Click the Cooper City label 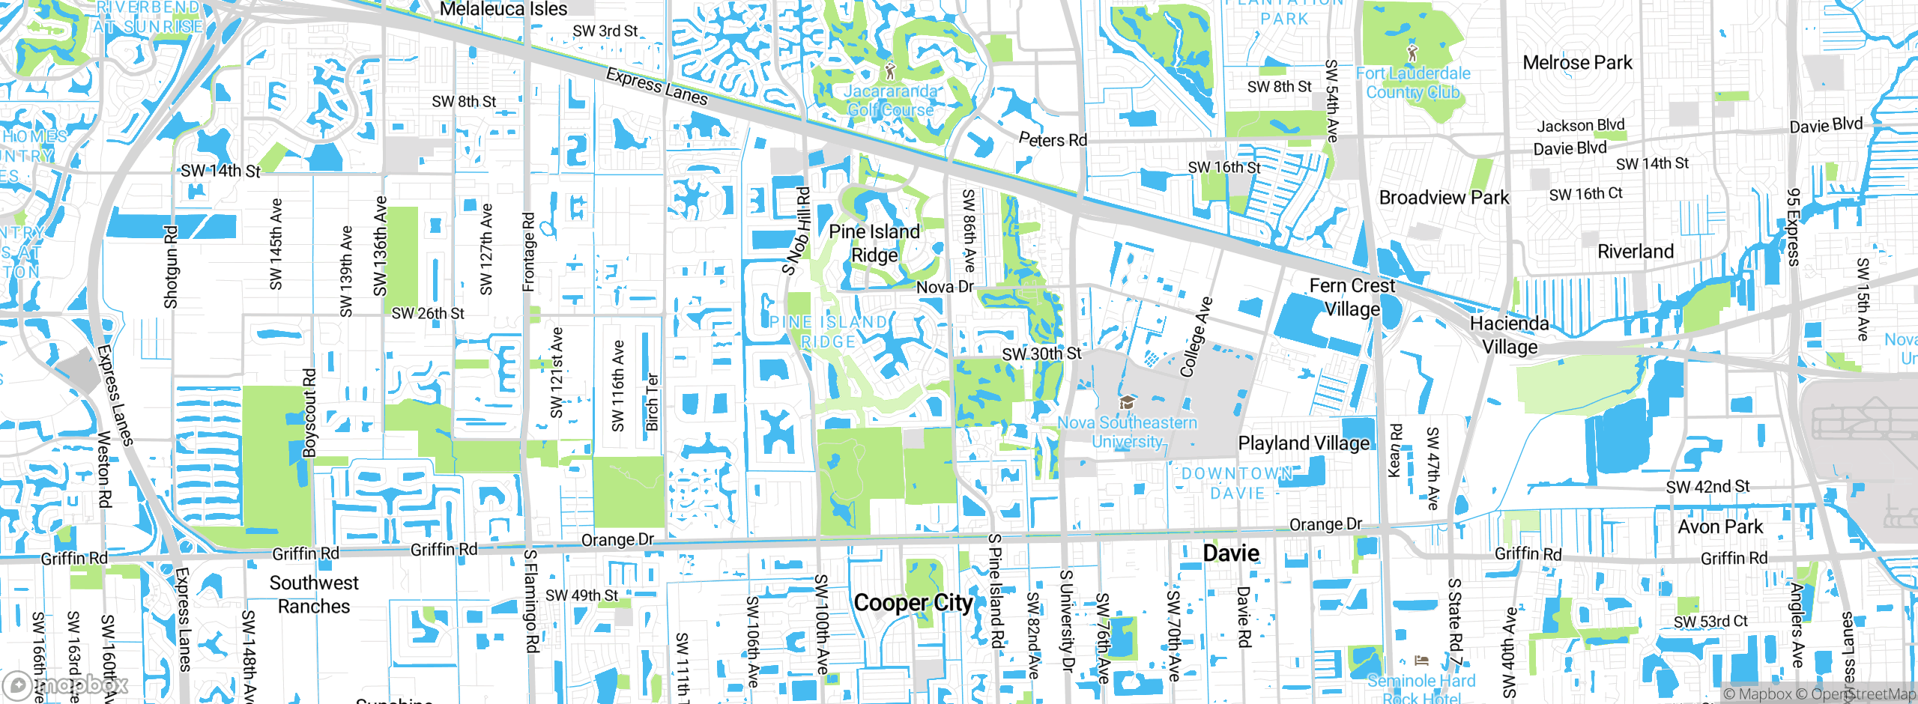coord(913,603)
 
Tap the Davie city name coord(1231,553)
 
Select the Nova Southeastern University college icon coord(1126,404)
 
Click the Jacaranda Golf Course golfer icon coord(890,71)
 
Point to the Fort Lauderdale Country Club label coord(1413,83)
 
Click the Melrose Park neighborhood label coord(1577,63)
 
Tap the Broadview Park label coord(1444,198)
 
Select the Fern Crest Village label coord(1352,297)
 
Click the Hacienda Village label coord(1510,335)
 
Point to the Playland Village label coord(1304,443)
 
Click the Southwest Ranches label coord(314,595)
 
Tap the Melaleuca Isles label coord(503,10)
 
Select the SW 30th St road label coord(1041,353)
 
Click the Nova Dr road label coord(945,287)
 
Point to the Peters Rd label coord(1053,139)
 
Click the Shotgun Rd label coord(171,267)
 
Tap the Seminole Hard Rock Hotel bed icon coord(1421,661)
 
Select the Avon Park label coord(1720,527)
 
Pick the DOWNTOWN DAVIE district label coord(1237,483)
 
